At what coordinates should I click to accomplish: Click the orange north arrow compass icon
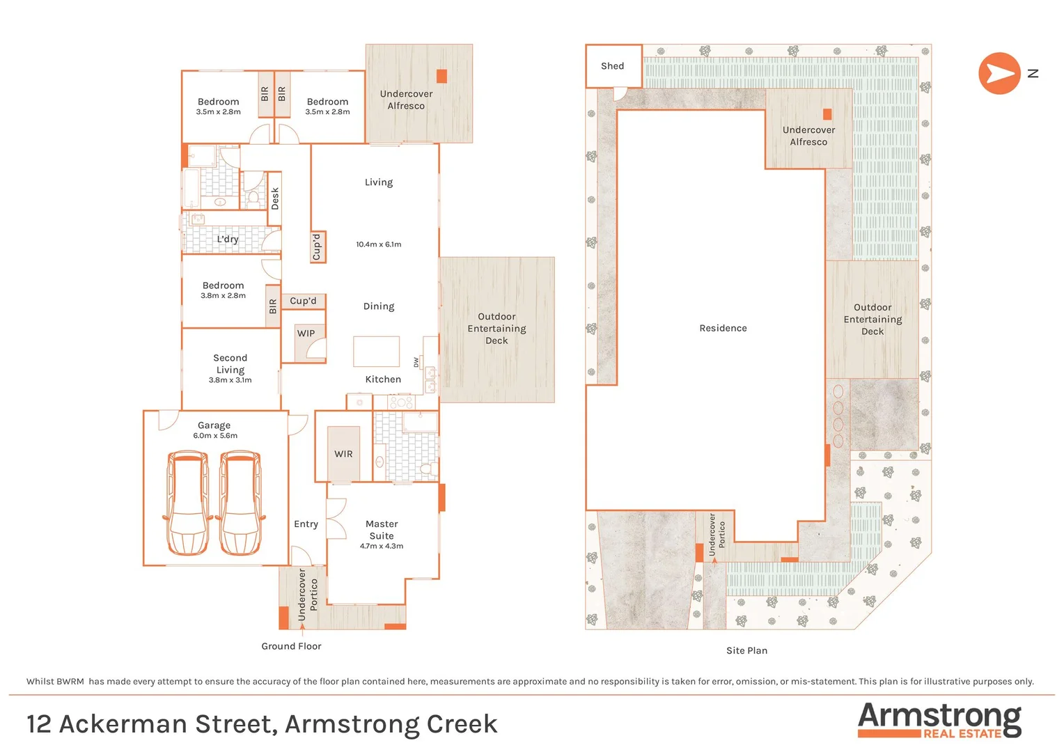coord(999,73)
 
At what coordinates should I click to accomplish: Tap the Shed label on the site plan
coord(612,66)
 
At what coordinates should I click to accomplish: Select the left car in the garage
coord(187,503)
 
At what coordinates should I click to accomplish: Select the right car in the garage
coord(241,503)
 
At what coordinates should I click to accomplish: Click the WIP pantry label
coord(306,334)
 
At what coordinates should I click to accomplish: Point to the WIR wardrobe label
coord(343,454)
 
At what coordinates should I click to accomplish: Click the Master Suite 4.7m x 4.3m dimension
coord(382,547)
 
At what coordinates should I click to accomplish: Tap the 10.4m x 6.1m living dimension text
coord(378,244)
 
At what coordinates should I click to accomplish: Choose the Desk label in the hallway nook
coord(275,198)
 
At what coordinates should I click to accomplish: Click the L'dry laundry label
coord(227,239)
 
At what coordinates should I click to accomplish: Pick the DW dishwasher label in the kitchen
coord(416,362)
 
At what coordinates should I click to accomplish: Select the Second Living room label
coord(230,363)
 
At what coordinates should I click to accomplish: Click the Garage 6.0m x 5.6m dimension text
coord(215,436)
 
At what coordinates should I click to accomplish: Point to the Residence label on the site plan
coord(723,328)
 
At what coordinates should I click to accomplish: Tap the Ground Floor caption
coord(291,646)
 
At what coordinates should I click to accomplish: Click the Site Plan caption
coord(746,650)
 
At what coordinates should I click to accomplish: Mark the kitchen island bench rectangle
coord(376,352)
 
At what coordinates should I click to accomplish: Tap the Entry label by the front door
coord(306,524)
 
